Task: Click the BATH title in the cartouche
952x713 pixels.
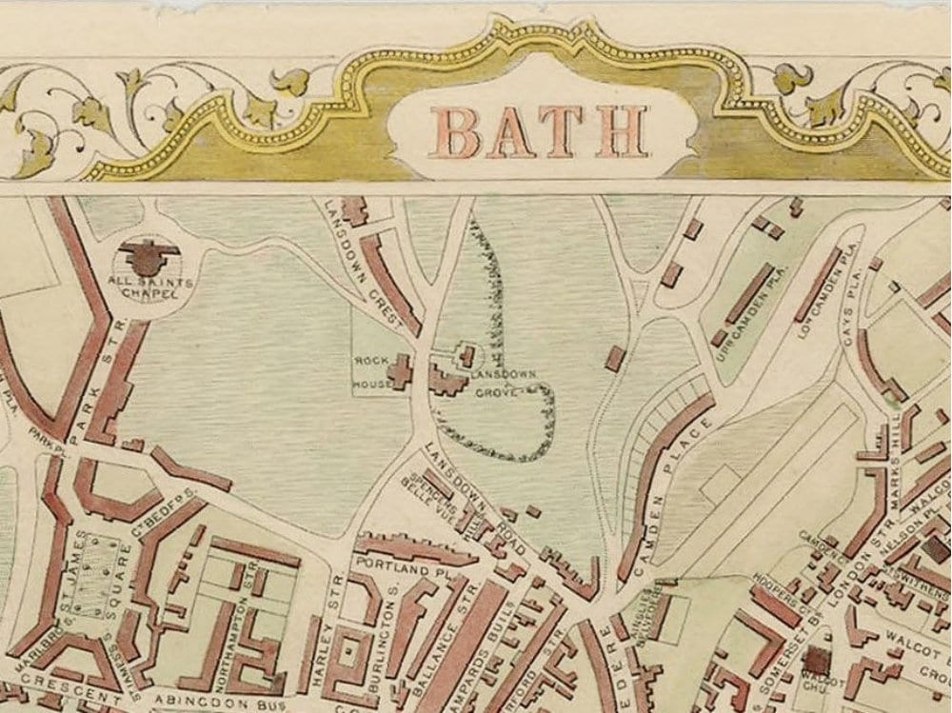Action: point(539,131)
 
